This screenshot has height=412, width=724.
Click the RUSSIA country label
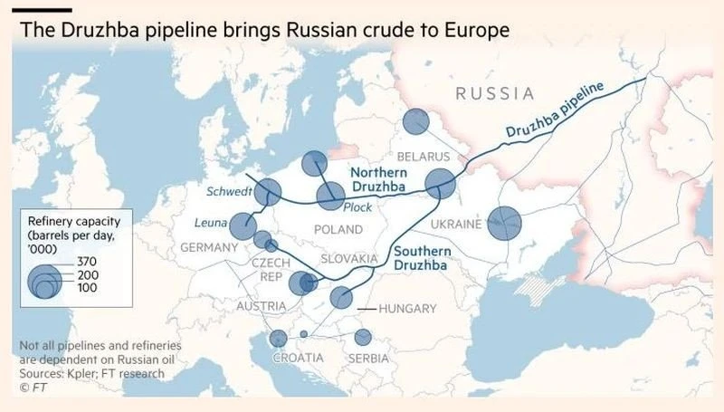[x=493, y=93]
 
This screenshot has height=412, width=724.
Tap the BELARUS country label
[x=423, y=157]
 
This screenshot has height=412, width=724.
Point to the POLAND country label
[x=338, y=229]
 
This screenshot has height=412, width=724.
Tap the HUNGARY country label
[x=406, y=309]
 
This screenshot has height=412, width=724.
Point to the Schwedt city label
[x=229, y=191]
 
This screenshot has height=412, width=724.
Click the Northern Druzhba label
[x=378, y=179]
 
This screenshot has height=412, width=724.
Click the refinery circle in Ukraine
[x=505, y=223]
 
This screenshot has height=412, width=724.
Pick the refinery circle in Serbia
[x=363, y=338]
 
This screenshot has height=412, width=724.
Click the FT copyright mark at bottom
[x=31, y=388]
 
